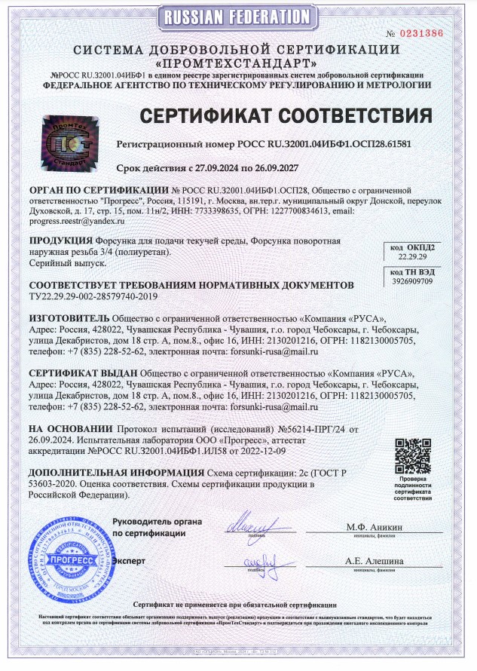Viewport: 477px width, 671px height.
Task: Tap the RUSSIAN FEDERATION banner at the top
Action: tap(239, 15)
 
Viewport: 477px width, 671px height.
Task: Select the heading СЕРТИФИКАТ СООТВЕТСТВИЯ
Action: tap(287, 116)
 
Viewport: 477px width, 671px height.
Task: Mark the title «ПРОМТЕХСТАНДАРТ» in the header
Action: tap(237, 63)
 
